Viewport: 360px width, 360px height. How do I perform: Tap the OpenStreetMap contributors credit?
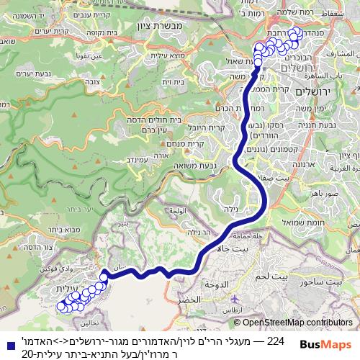(297, 323)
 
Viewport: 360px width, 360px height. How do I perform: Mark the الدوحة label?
(217, 286)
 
